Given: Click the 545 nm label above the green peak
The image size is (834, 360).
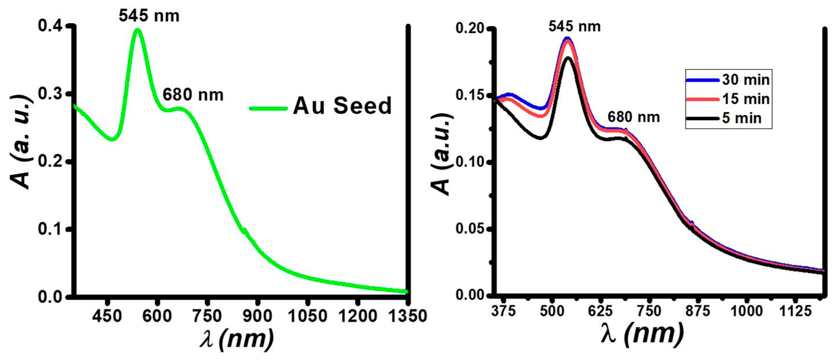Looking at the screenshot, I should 149,15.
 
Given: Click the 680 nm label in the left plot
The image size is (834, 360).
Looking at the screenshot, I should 193,95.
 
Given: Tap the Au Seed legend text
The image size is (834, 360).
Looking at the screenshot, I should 342,106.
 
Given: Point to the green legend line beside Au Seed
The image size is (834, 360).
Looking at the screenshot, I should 268,108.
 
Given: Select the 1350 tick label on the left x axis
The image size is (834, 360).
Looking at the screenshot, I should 407,316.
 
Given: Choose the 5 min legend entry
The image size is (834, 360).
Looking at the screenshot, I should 741,118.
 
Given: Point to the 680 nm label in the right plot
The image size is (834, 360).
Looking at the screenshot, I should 633,117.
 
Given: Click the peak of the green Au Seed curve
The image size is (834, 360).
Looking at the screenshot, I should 138,30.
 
